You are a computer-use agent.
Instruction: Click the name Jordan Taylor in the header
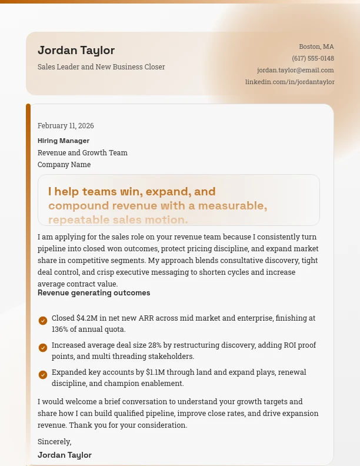point(76,51)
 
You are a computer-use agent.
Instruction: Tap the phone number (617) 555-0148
point(313,58)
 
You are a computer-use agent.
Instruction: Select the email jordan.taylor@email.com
point(295,70)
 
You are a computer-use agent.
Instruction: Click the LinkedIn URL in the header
point(289,82)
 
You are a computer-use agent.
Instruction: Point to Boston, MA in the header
point(316,46)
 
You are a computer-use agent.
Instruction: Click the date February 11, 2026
point(66,126)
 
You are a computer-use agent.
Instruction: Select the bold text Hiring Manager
point(64,141)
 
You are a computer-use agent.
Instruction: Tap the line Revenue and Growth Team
point(82,153)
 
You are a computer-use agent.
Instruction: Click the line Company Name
point(64,165)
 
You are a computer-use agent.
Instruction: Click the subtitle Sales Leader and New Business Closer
point(101,67)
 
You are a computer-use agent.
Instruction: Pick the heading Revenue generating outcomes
point(94,293)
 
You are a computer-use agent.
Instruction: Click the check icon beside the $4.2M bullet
point(43,321)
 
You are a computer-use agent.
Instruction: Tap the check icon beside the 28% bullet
point(43,348)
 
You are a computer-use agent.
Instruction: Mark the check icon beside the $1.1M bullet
point(43,375)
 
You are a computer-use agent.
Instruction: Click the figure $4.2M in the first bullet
point(87,318)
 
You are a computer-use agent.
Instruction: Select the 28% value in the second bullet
point(155,345)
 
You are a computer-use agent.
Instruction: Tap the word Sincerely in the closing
point(54,441)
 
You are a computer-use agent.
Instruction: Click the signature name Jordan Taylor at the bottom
point(65,455)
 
